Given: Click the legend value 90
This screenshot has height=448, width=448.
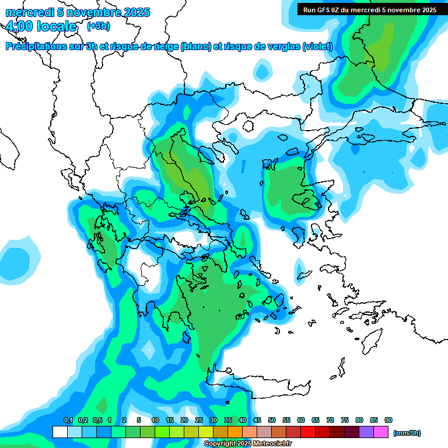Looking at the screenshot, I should pyautogui.click(x=388, y=420).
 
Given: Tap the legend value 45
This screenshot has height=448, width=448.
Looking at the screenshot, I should pyautogui.click(x=257, y=420).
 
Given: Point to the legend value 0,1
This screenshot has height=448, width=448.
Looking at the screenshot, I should pyautogui.click(x=68, y=420).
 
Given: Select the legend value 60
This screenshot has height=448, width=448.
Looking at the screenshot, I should pyautogui.click(x=301, y=420).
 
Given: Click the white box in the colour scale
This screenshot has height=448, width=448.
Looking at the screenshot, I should pyautogui.click(x=60, y=432).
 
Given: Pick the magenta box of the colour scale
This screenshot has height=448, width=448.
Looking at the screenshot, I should pyautogui.click(x=381, y=432).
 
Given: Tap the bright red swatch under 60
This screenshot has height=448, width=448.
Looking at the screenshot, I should pyautogui.click(x=308, y=432).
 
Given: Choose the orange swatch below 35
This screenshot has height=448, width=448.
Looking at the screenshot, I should pyautogui.click(x=235, y=432).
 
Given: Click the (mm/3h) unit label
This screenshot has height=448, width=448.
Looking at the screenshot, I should pyautogui.click(x=407, y=433).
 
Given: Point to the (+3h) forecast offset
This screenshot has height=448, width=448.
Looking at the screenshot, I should pyautogui.click(x=98, y=26).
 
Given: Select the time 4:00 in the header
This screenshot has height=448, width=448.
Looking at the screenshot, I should pyautogui.click(x=19, y=26).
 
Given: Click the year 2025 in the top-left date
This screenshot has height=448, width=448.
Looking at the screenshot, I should pyautogui.click(x=136, y=12).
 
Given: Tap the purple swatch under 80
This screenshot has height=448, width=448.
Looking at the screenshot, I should pyautogui.click(x=366, y=432).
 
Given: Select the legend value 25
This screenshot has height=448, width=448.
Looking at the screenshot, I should pyautogui.click(x=199, y=420).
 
